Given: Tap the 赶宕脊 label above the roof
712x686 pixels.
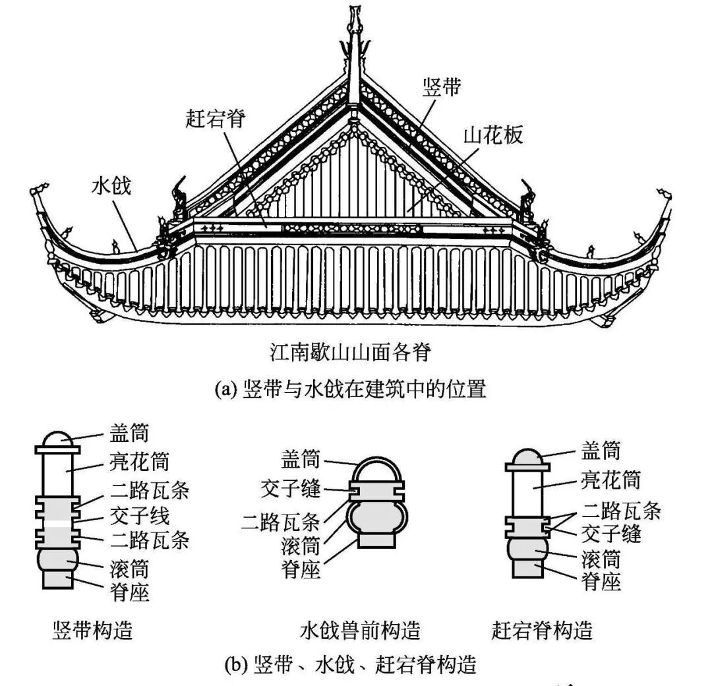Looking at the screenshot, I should coord(215,119).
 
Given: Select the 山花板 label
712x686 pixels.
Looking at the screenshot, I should coord(493,135).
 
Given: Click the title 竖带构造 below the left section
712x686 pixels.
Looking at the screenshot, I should coord(93,630).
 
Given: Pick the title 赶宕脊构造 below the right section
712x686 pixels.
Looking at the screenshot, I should coord(542,630).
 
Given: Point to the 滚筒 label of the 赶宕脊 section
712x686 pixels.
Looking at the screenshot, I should coord(601,559).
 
